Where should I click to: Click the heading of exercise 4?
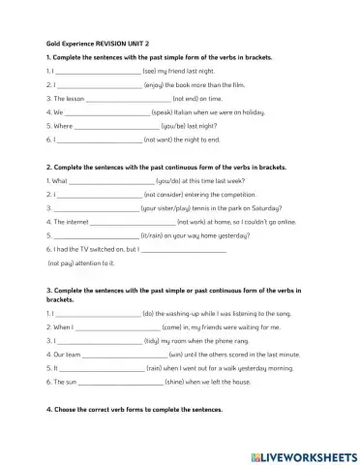(x=135, y=410)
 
